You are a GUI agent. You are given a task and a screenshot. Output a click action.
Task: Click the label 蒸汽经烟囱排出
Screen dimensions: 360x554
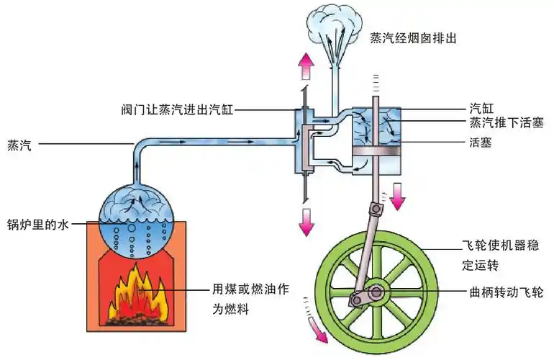(414, 37)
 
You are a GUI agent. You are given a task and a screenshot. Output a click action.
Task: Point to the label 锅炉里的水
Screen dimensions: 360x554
(37, 225)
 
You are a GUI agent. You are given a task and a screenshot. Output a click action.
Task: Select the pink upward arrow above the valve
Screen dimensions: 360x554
(306, 66)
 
